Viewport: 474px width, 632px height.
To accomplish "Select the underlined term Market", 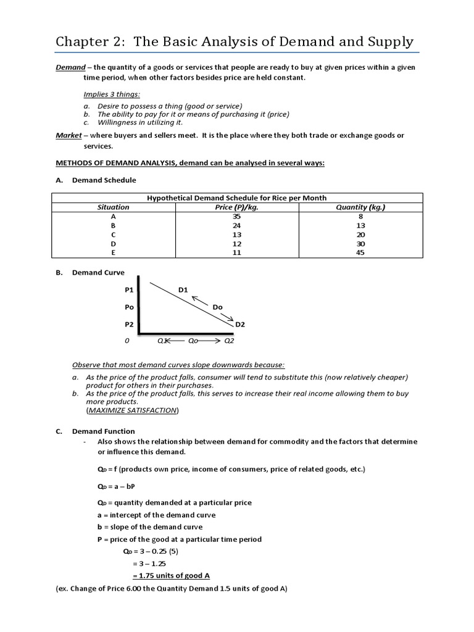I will click(69, 135).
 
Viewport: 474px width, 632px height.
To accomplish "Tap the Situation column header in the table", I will click(114, 207).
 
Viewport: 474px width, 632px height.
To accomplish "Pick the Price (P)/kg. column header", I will click(237, 207).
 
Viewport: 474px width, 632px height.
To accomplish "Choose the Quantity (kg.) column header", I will click(360, 207).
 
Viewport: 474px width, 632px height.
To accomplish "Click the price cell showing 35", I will click(237, 217).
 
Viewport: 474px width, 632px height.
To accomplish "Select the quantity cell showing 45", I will click(360, 252).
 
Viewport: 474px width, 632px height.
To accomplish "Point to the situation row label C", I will click(114, 235).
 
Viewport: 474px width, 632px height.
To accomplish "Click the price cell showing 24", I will click(237, 226).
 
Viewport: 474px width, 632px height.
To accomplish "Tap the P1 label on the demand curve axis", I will click(129, 289).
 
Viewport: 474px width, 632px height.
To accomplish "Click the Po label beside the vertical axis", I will click(129, 307).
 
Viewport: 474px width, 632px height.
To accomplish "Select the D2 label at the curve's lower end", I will click(240, 324).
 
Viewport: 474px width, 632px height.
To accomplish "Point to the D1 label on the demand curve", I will click(183, 289).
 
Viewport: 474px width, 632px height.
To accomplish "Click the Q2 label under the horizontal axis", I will click(228, 340).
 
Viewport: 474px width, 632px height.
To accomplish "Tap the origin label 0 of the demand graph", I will click(128, 340).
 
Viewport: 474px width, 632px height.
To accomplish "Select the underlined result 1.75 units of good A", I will click(171, 575).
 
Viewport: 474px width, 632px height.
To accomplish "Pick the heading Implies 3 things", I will click(112, 94).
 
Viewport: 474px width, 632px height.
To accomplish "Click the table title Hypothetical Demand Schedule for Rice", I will click(236, 198).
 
